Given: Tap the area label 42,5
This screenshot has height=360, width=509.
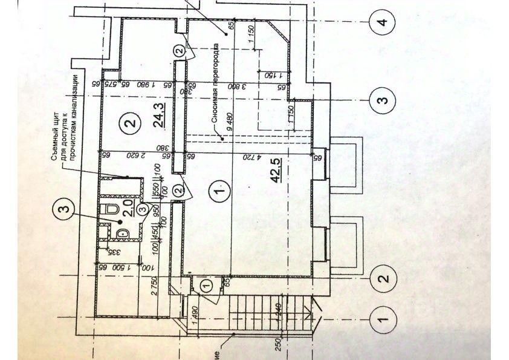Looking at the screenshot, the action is (276, 171).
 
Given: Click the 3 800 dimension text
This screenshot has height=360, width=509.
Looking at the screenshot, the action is (230, 86).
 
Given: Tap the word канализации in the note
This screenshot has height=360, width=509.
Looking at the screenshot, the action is (77, 97).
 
